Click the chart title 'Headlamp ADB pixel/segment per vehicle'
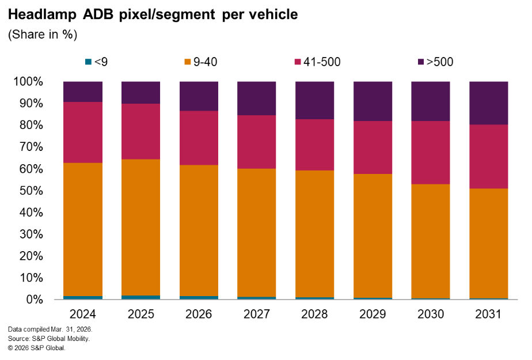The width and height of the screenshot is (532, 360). [153, 15]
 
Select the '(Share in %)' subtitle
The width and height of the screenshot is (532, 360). [43, 35]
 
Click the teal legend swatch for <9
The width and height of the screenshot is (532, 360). [88, 62]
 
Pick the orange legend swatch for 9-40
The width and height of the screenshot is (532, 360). [188, 62]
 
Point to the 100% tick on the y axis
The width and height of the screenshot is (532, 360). [28, 82]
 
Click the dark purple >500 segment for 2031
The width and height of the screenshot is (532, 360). [488, 103]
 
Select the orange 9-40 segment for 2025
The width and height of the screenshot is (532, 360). [140, 227]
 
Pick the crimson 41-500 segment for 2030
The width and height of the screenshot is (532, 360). [430, 153]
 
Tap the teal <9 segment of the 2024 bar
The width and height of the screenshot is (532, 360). [83, 298]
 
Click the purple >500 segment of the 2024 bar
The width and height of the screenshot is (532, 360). [83, 92]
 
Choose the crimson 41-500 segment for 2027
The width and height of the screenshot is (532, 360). [257, 142]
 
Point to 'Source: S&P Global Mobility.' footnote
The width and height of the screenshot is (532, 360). [49, 339]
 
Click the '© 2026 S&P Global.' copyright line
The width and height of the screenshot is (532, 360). [37, 348]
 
